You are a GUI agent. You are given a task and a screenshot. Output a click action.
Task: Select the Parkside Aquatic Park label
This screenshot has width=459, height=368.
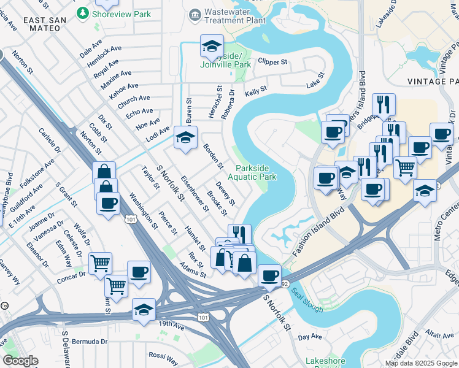tap(256, 172)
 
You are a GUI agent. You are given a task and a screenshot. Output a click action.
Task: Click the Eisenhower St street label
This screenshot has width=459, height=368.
tap(195, 193)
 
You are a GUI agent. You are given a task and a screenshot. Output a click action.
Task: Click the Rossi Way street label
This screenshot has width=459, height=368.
tap(163, 355)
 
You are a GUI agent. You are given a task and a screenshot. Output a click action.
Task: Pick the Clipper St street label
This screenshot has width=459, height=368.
tap(272, 62)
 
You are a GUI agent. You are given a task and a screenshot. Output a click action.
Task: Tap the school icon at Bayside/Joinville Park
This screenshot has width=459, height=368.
tap(212, 46)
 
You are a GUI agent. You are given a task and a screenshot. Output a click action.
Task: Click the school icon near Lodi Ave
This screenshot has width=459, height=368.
tap(185, 137)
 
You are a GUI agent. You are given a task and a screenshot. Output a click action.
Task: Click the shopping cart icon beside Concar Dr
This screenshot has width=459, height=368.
tap(100, 263)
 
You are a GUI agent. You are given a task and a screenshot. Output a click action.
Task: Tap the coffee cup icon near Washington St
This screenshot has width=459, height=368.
tap(109, 203)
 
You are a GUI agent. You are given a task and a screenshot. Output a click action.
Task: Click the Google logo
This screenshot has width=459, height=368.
tap(20, 361)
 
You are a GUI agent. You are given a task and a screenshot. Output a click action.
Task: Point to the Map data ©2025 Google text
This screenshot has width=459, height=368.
tap(421, 363)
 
